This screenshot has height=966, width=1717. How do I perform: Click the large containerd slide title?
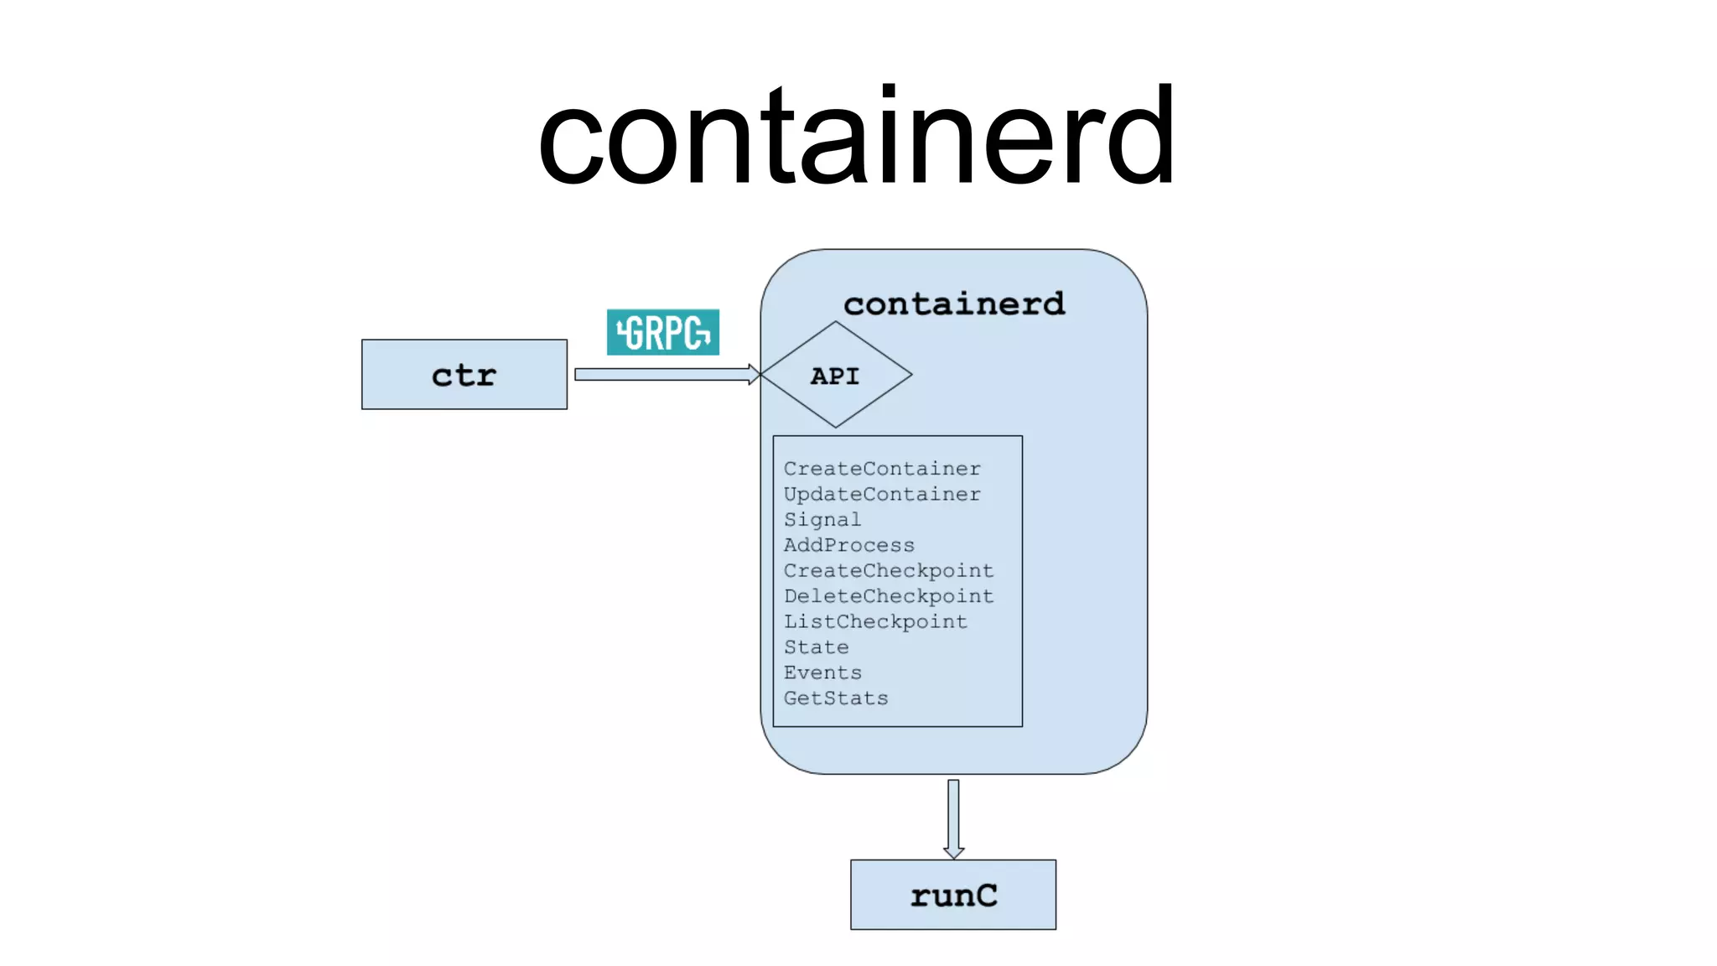(857, 137)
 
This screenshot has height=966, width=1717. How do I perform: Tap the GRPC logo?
(662, 332)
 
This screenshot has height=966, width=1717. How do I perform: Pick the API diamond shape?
(836, 402)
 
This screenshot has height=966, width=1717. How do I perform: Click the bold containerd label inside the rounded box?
(954, 304)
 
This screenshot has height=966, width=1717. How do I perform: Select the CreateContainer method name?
(882, 469)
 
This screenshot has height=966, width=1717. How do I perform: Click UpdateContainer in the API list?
(882, 495)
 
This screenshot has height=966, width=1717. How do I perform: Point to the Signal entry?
(822, 520)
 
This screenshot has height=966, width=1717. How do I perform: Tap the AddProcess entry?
(848, 545)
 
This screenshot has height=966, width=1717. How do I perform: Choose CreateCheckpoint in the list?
(889, 571)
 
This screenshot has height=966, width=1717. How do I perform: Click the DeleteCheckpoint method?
(889, 596)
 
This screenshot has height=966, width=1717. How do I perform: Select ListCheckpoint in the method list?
(875, 622)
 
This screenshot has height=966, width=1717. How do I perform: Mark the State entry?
(816, 647)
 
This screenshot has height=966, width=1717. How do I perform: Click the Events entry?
(822, 673)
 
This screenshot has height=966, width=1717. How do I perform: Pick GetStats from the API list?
(836, 699)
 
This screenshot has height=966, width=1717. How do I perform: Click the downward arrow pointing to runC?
(953, 818)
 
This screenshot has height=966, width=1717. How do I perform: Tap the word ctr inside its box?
(464, 375)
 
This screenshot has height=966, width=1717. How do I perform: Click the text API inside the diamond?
(835, 376)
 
